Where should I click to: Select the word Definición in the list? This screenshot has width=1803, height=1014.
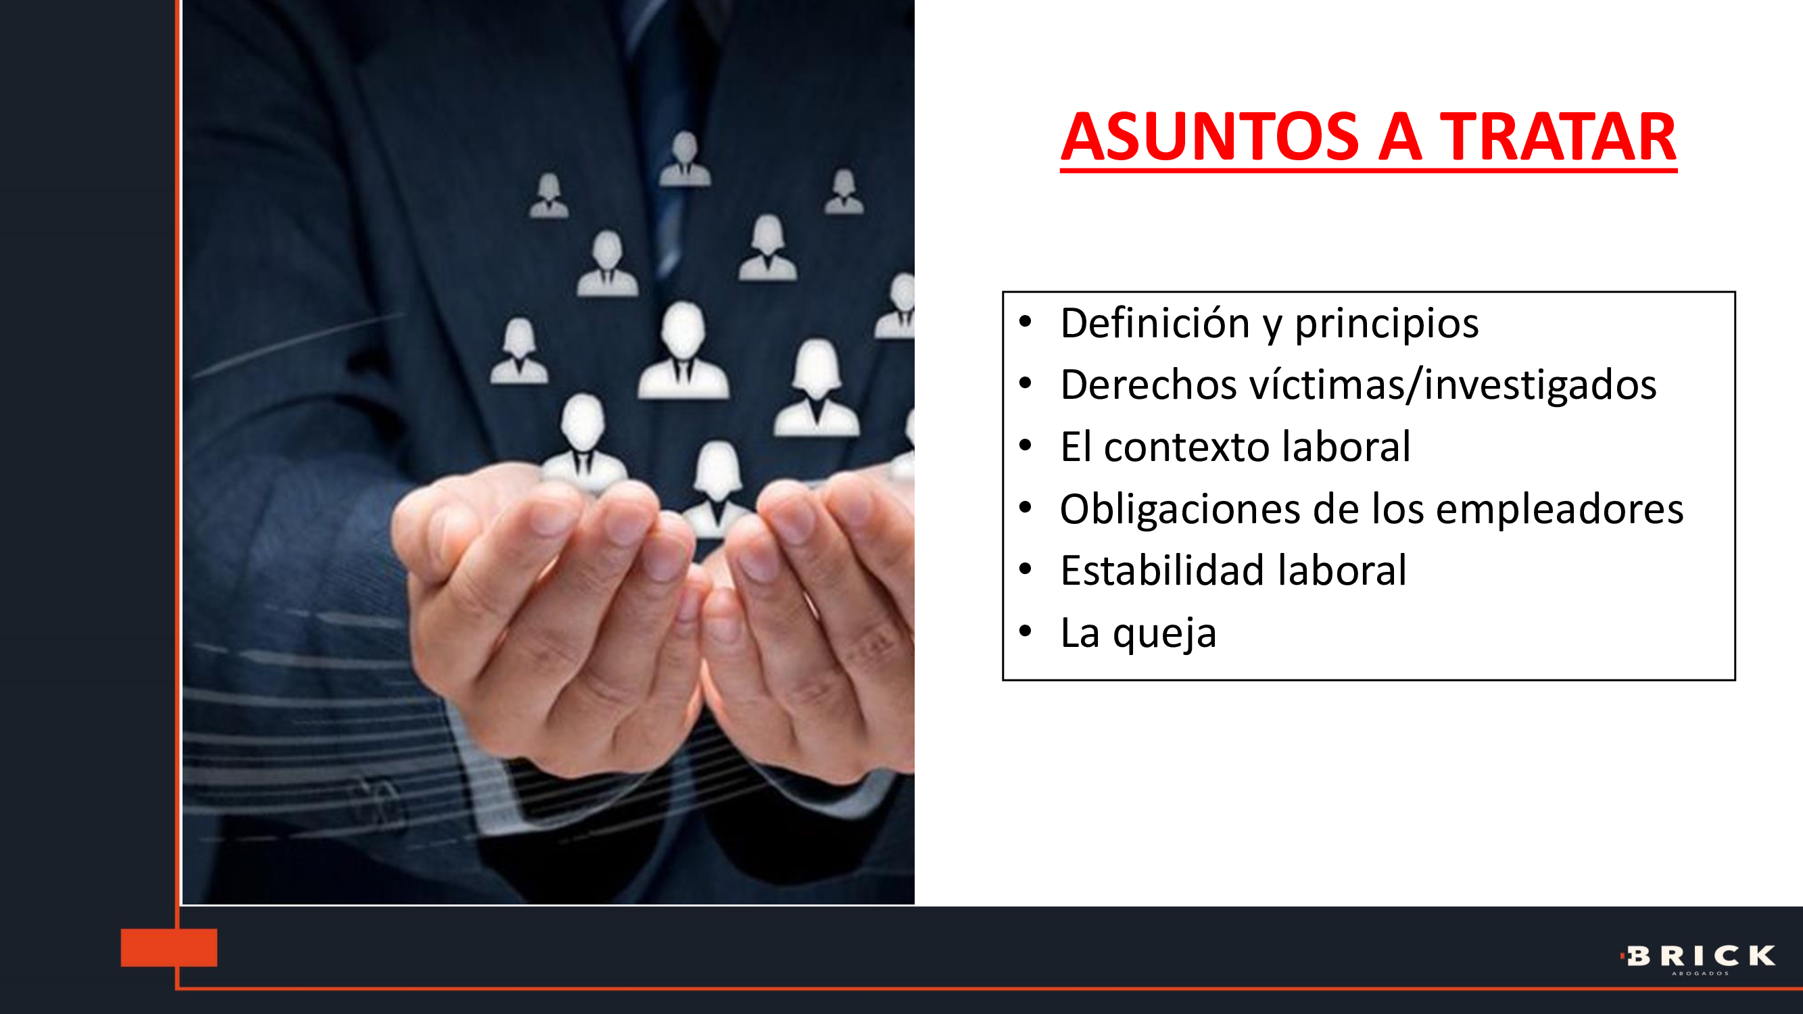1155,323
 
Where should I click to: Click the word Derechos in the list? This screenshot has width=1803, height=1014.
1149,385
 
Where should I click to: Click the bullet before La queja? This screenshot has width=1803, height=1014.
1026,631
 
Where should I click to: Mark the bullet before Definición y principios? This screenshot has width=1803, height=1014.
1026,322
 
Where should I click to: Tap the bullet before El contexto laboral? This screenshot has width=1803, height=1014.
1026,445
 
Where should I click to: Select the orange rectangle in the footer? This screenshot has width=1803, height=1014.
169,948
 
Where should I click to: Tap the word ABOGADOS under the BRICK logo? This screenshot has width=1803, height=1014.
1700,973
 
